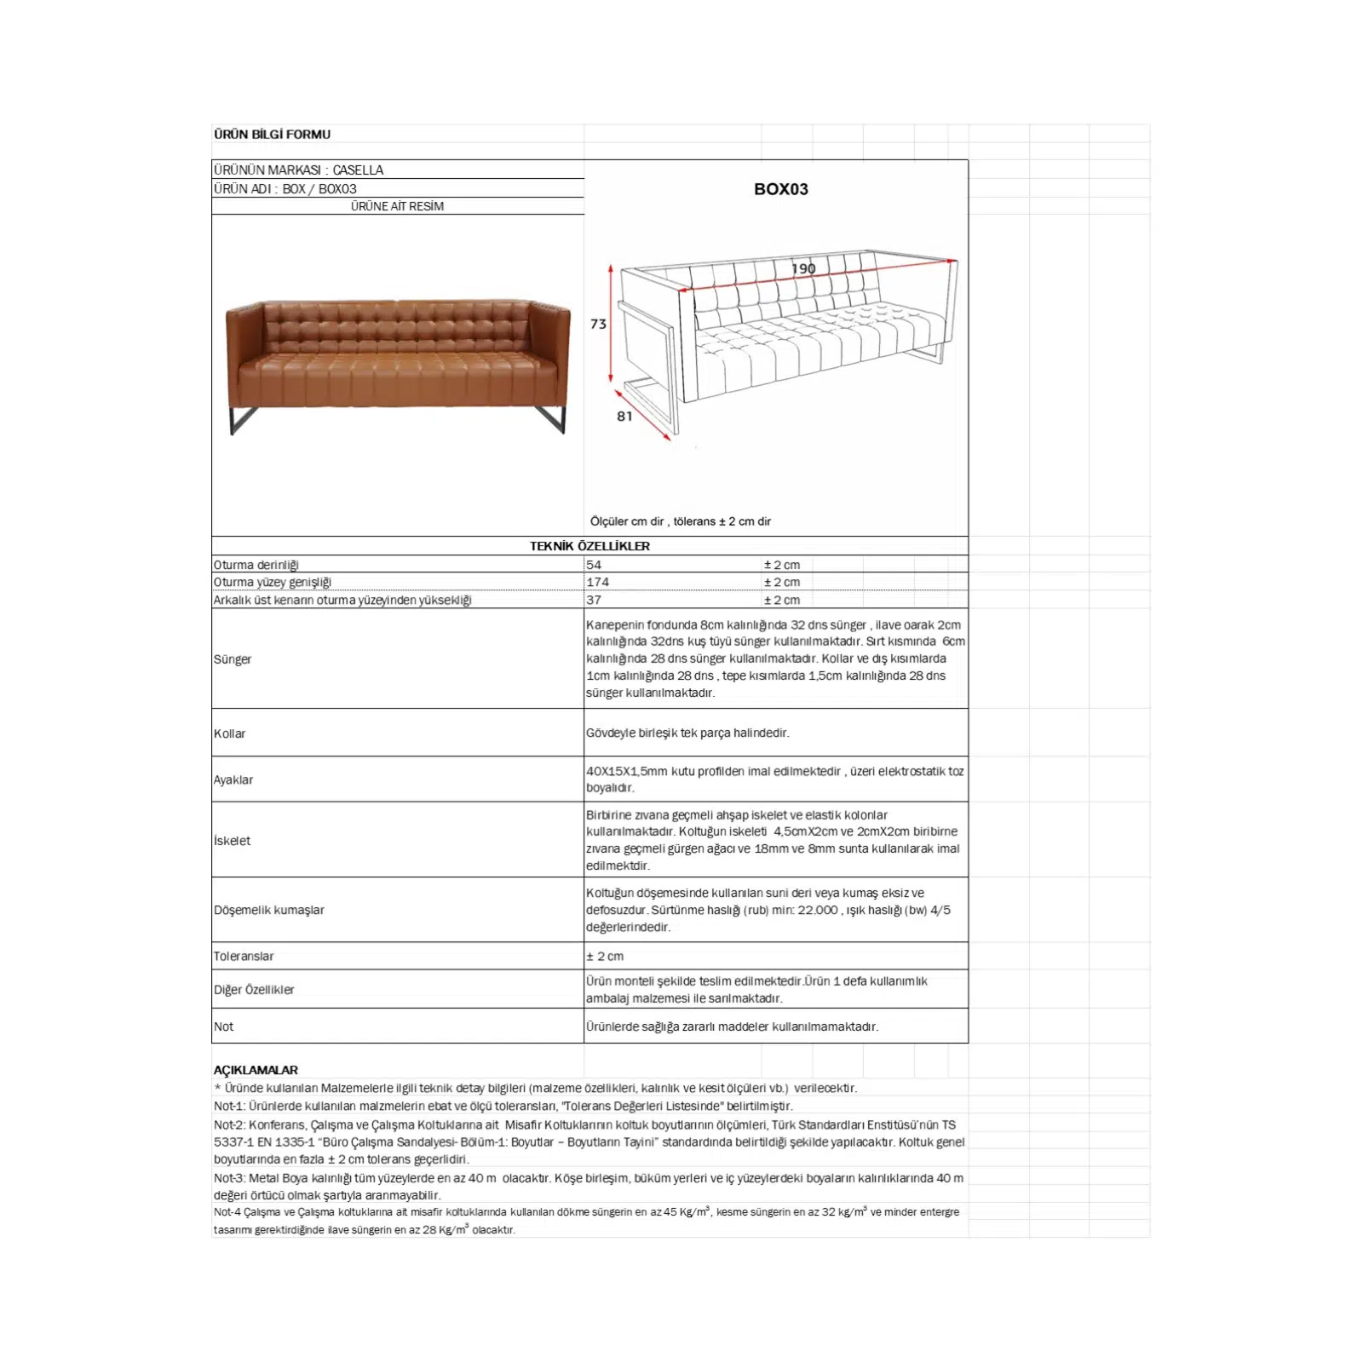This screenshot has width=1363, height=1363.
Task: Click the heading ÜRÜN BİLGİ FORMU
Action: tap(272, 135)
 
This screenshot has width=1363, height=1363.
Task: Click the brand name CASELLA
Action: tap(358, 170)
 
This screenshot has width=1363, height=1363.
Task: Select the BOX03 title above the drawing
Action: tap(780, 189)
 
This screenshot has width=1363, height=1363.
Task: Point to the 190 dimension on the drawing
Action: tap(803, 268)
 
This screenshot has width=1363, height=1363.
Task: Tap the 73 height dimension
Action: tap(598, 324)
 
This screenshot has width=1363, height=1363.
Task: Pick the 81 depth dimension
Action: tap(624, 416)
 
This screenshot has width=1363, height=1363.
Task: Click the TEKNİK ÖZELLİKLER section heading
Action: tap(589, 546)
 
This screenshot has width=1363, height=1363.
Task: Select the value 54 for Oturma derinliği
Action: tap(594, 565)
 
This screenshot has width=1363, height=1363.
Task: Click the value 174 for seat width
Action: tap(597, 582)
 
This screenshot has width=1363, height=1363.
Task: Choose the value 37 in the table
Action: tap(594, 600)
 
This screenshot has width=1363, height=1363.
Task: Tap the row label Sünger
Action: tap(233, 659)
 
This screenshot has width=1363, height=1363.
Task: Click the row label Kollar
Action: tap(229, 733)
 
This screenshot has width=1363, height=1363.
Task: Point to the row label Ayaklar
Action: tap(233, 779)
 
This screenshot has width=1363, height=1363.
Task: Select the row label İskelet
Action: tap(232, 841)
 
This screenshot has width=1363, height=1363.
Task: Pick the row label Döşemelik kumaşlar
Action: tap(269, 910)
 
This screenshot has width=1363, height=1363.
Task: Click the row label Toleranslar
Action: tap(244, 957)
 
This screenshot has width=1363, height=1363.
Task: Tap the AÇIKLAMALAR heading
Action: tap(256, 1070)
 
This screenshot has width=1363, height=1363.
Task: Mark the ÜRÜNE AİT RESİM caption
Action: tap(397, 206)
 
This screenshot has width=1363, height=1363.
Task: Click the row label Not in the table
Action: tap(223, 1027)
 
